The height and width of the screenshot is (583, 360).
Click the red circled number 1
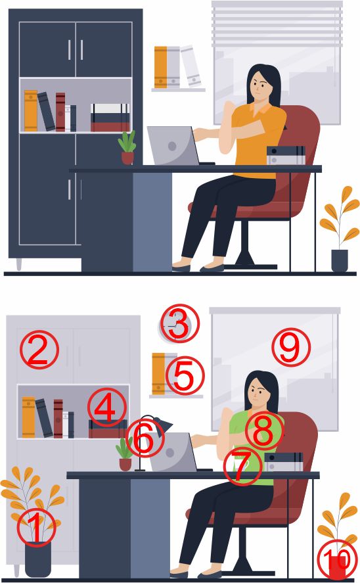pos(36,527)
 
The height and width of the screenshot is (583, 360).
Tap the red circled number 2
pos(39,350)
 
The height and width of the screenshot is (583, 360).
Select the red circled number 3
pos(180,324)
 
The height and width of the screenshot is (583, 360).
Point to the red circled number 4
pos(107,408)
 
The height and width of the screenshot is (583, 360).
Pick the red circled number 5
pos(185,375)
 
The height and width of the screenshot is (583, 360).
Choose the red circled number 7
pos(243,466)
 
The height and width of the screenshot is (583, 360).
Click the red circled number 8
pos(264,431)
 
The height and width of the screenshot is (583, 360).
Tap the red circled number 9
pos(291,347)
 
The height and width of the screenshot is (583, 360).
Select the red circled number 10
pos(337,559)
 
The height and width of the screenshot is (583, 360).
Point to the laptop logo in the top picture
pos(172,146)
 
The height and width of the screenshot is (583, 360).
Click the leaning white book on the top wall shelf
pos(191,66)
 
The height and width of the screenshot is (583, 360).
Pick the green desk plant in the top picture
pos(127,147)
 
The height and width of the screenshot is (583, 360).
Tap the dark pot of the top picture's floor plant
pos(340,260)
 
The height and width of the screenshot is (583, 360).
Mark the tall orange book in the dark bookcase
pos(31,111)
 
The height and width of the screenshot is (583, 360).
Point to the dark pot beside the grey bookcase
pos(38,560)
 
